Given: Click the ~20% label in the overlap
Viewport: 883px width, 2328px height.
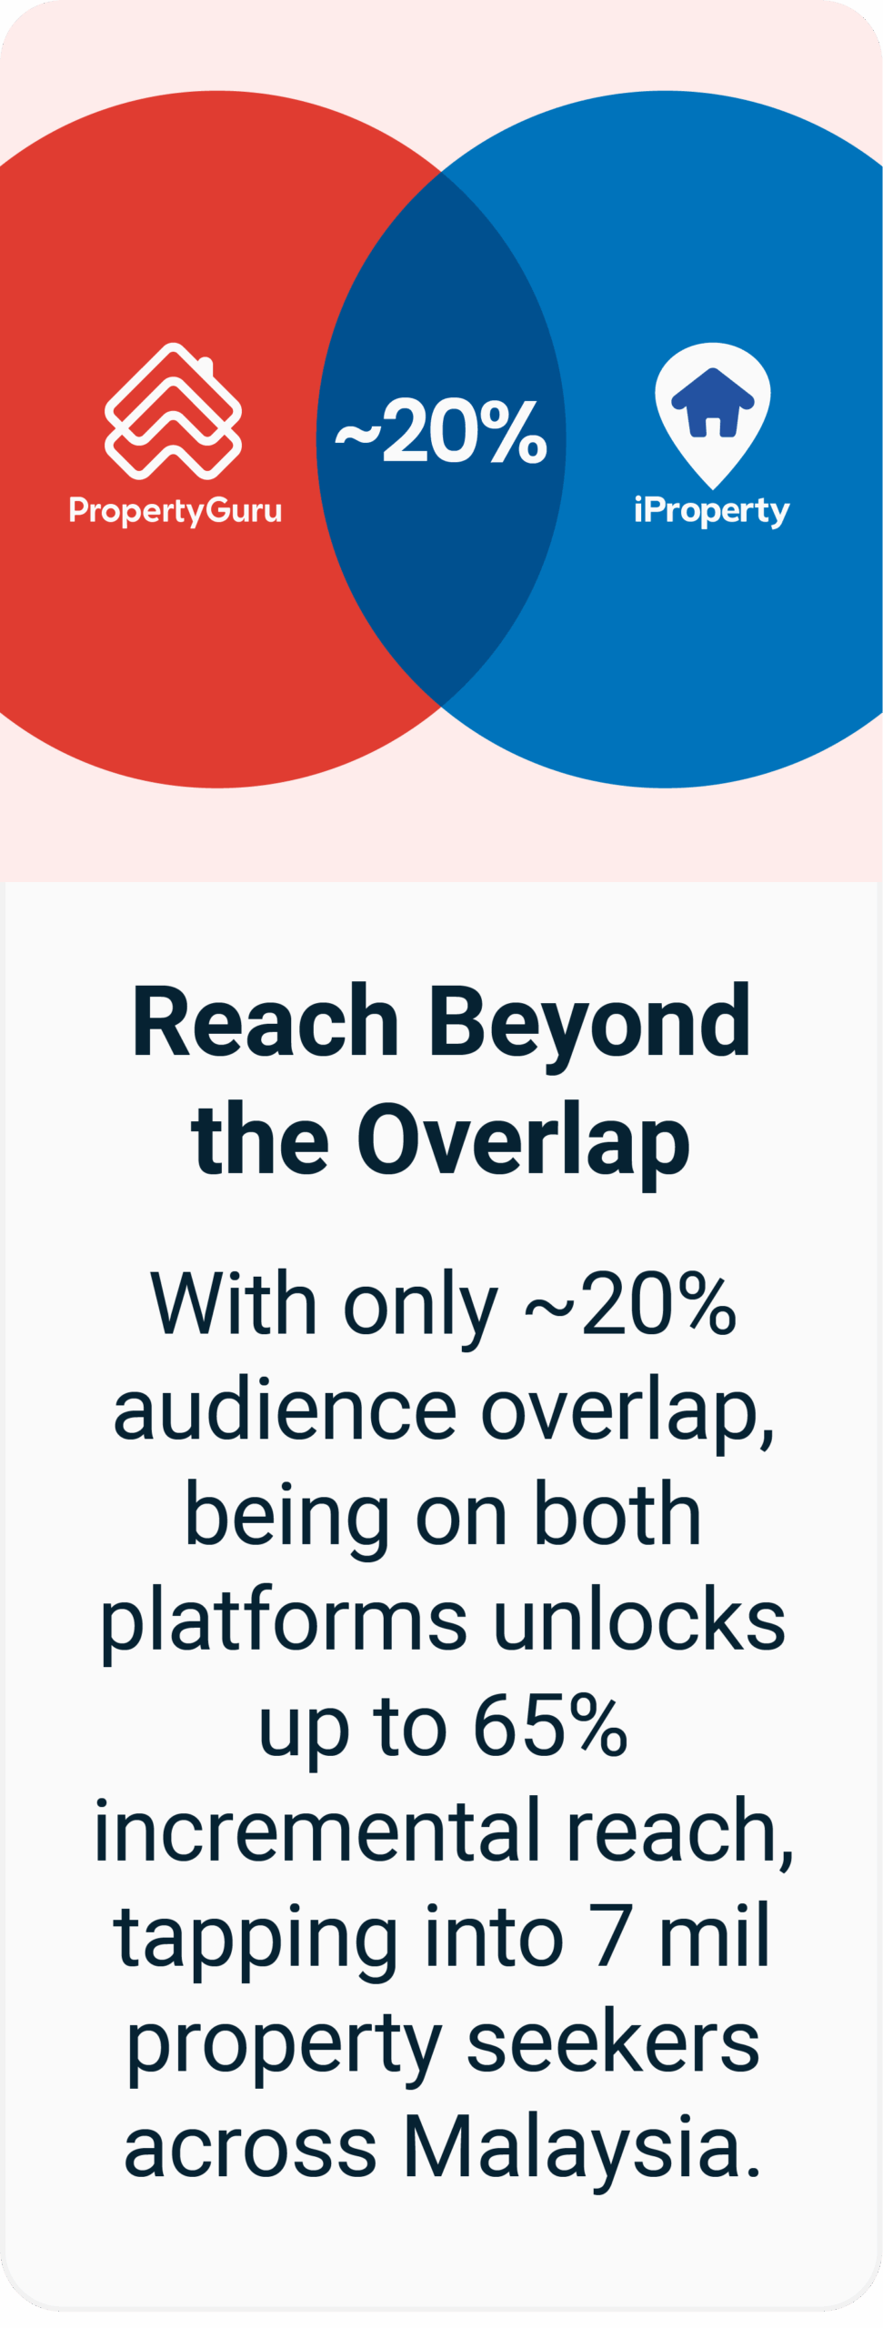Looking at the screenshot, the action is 441,432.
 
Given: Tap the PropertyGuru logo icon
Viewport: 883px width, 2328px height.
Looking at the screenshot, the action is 174,411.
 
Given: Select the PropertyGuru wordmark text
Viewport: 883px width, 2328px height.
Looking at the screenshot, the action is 176,510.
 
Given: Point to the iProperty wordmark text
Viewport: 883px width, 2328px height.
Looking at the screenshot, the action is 712,510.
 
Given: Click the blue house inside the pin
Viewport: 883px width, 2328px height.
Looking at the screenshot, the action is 713,402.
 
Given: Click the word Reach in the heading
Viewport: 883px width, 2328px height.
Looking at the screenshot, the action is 266,1022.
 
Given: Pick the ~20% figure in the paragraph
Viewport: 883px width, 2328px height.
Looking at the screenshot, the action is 630,1304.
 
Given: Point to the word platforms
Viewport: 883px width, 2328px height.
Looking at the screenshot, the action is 284,1623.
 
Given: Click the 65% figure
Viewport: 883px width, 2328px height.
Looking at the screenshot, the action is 550,1725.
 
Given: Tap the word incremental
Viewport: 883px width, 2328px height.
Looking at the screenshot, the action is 317,1831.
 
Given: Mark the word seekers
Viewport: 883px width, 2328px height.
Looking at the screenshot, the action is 613,2042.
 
